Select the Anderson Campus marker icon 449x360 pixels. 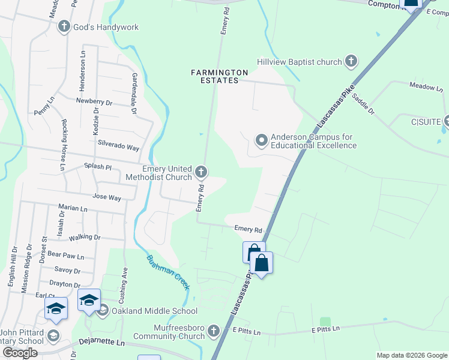tap(261, 141)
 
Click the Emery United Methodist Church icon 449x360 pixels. tap(201, 173)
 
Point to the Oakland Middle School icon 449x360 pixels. tap(103, 310)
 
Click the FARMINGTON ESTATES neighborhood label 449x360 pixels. tap(220, 76)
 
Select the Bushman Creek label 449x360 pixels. tap(168, 272)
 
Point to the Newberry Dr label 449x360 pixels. tap(94, 102)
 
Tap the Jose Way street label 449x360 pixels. tap(106, 197)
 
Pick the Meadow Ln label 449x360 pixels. tap(426, 87)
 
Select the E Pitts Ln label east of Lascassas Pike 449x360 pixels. tap(325, 329)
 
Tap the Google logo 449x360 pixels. tap(20, 353)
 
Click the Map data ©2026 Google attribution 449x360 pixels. tap(412, 355)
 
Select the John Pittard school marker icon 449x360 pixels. tap(53, 335)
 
